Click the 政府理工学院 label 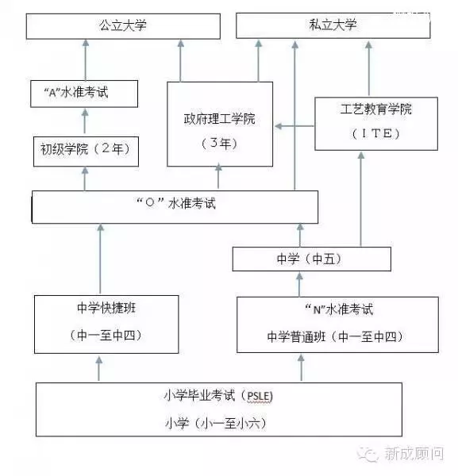(x=219, y=119)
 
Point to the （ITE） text (x=375, y=133)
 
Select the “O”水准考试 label (x=176, y=203)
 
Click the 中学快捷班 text (x=106, y=308)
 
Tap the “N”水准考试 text (x=339, y=309)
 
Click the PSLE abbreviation (x=260, y=396)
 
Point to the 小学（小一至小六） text (x=215, y=423)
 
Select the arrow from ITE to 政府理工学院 (x=294, y=126)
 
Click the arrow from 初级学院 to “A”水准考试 (x=85, y=121)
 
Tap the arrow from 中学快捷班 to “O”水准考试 (x=101, y=259)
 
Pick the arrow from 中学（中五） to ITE (x=361, y=199)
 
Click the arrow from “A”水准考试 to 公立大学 (x=86, y=59)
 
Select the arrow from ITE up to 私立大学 (x=369, y=69)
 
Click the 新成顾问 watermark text (x=414, y=454)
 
